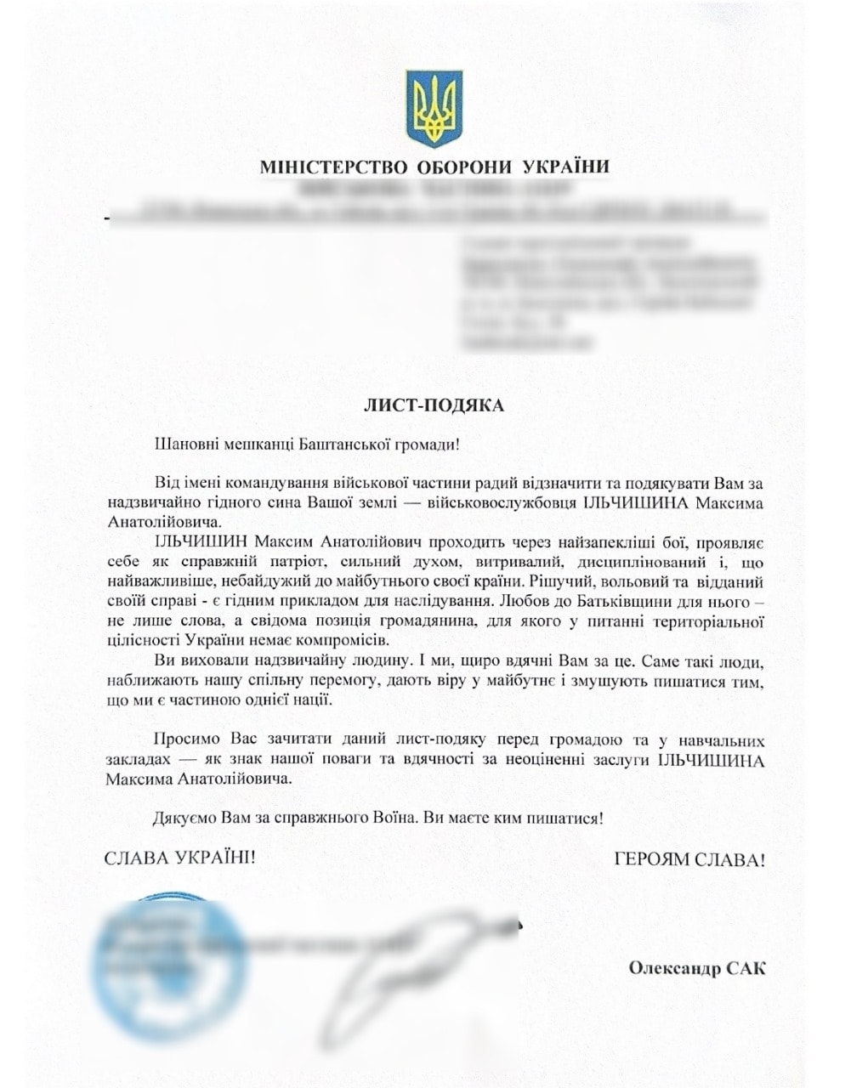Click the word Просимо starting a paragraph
(184, 739)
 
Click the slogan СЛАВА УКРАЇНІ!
(179, 858)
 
